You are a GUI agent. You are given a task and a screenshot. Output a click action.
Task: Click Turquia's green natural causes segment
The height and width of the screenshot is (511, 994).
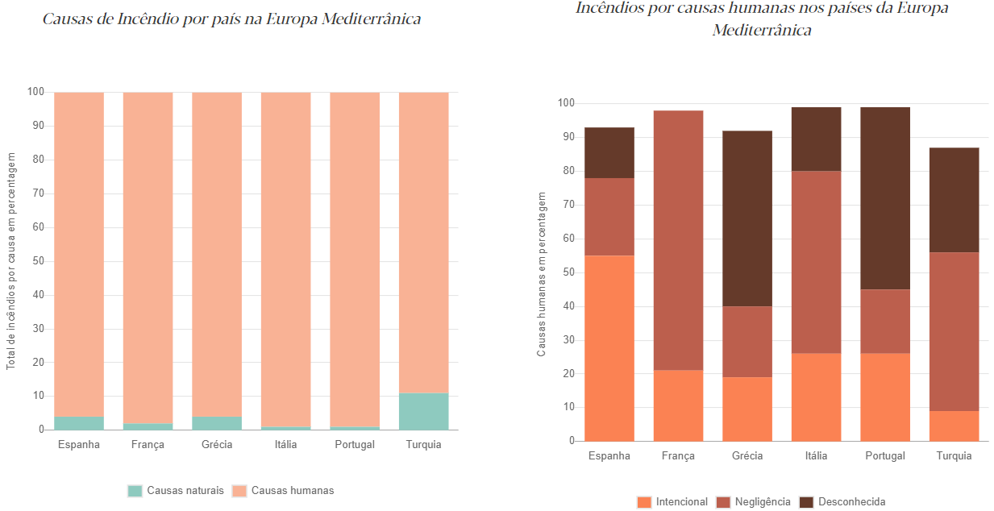pos(423,411)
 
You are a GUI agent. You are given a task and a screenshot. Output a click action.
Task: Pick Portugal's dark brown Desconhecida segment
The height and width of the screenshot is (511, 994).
pos(885,198)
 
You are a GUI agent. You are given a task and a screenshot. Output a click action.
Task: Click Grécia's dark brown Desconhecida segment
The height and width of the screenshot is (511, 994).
pos(747,218)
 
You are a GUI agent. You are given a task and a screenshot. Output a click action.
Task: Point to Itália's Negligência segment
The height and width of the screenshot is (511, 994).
pos(816,262)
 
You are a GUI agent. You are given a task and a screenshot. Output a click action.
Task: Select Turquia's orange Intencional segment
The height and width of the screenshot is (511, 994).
pos(954,426)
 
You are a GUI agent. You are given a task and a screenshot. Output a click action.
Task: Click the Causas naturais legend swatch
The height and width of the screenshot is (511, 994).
pos(135,491)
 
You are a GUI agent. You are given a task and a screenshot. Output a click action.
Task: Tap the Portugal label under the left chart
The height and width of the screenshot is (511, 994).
pos(354,445)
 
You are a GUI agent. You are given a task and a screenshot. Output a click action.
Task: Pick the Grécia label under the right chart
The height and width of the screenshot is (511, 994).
pos(747,456)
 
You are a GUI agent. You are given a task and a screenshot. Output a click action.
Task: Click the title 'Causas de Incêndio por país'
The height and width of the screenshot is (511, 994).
pos(232,19)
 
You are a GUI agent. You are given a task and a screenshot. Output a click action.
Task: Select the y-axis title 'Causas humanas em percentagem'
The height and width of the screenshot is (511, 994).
pos(542,274)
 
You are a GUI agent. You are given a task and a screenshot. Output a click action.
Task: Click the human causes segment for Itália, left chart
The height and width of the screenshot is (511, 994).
pos(285,258)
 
